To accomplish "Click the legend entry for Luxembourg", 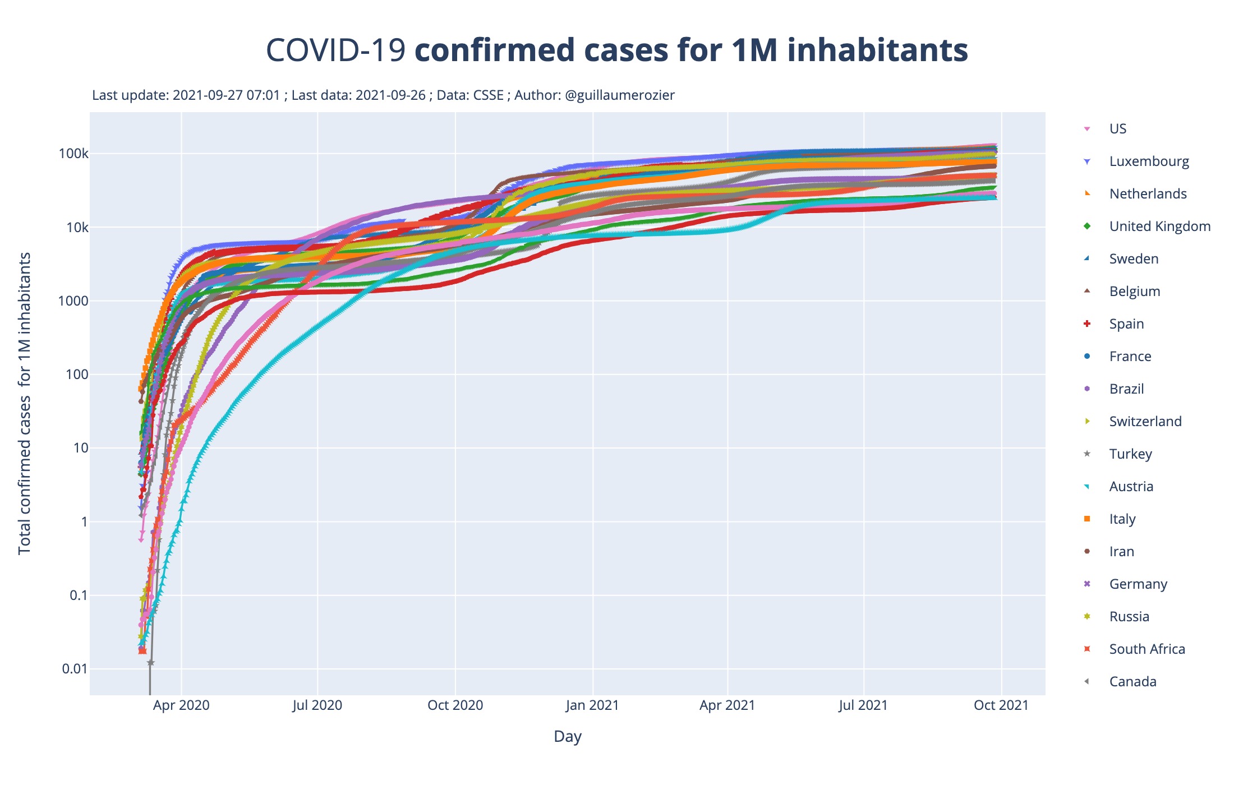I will click(x=1149, y=161).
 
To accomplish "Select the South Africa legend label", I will click(x=1147, y=649).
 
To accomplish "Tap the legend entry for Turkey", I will click(x=1130, y=454).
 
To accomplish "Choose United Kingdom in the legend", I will click(x=1159, y=227).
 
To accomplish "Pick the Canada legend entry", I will click(x=1132, y=682).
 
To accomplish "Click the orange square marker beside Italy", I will click(x=1087, y=519).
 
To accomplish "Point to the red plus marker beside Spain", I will click(x=1087, y=324).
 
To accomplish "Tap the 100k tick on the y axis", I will click(x=73, y=154).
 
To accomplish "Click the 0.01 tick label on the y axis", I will click(x=75, y=669).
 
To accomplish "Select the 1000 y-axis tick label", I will click(x=73, y=301).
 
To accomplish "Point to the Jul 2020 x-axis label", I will click(x=317, y=705).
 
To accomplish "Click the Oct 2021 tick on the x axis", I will click(x=1001, y=705).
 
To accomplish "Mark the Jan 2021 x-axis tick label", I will click(x=592, y=705).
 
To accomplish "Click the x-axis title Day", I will click(x=567, y=736).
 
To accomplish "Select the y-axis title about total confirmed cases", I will click(x=25, y=404).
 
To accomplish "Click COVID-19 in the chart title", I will click(x=335, y=50).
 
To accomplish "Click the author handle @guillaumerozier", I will click(x=620, y=95).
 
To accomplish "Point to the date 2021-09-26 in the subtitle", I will click(x=390, y=95).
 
